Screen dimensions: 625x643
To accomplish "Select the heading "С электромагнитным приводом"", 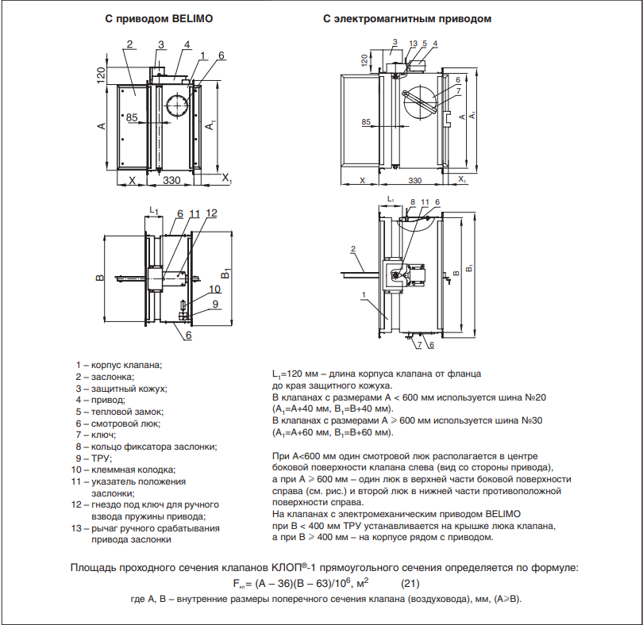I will point(407,17).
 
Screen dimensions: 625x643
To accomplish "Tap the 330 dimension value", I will point(171,181).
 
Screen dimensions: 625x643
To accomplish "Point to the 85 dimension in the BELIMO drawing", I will point(132,117).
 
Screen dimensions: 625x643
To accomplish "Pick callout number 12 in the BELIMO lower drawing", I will point(211,213).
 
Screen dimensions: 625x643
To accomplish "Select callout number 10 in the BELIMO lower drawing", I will point(214,289).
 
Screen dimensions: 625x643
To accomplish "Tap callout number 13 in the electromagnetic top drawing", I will point(413,43).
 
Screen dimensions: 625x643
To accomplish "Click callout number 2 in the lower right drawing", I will point(352,248).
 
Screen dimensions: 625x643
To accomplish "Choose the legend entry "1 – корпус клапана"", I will point(118,365).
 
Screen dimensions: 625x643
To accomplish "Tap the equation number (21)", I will point(409,584).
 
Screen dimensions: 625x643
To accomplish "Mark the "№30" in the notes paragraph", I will point(529,420).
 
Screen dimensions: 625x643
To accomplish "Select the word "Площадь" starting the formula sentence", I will point(93,568).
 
